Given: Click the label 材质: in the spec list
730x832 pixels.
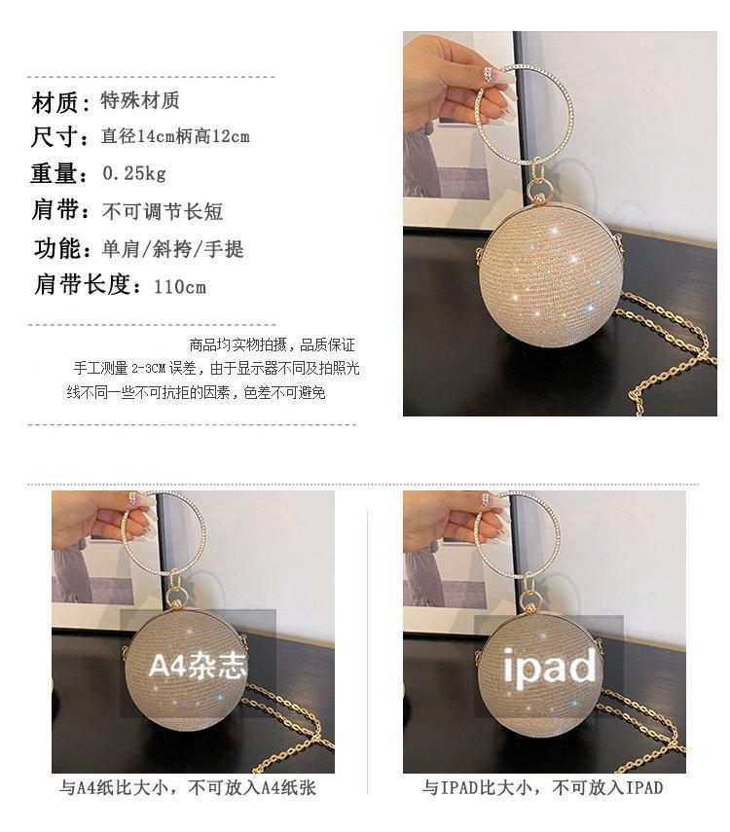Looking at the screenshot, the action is [x=61, y=102].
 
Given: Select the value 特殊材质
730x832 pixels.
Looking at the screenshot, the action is [x=140, y=100].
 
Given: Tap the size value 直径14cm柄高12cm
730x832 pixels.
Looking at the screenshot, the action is [x=175, y=136].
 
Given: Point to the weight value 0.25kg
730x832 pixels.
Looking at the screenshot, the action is [x=134, y=173].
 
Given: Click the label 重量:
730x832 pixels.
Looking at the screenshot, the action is [x=59, y=173].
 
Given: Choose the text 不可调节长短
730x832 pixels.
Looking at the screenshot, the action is [x=163, y=211].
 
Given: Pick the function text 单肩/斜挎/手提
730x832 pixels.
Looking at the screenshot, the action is [x=172, y=249].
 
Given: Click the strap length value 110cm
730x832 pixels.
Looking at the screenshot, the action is [x=180, y=287].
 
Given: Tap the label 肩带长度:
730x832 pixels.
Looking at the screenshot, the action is [x=89, y=284].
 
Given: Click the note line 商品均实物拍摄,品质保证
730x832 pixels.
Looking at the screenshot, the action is [x=272, y=344].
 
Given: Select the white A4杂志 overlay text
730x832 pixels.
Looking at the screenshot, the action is [x=198, y=665].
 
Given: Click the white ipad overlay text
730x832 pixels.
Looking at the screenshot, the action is [x=550, y=666].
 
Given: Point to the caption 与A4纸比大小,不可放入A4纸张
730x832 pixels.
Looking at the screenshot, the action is [x=188, y=787].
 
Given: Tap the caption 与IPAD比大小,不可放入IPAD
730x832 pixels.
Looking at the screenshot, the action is [x=542, y=787].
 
